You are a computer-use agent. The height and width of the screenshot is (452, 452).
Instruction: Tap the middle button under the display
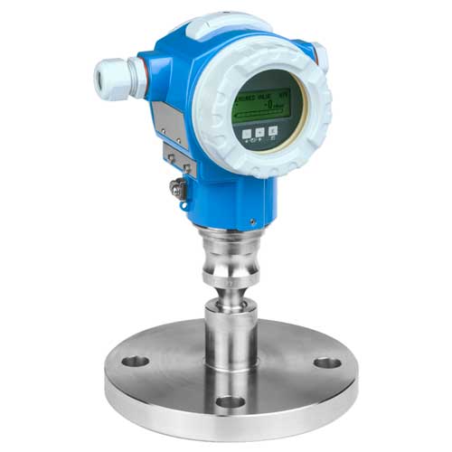259,131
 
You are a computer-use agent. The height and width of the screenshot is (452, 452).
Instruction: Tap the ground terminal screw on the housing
177,189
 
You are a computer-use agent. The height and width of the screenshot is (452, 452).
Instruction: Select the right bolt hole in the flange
327,363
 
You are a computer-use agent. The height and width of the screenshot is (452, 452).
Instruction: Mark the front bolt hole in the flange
230,400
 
